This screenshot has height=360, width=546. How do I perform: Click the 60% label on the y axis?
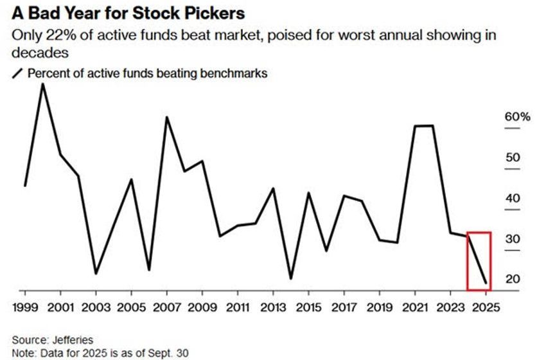[x=517, y=117]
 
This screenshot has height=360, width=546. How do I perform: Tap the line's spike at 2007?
[x=167, y=117]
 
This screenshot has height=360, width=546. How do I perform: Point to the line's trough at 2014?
[x=291, y=278]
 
